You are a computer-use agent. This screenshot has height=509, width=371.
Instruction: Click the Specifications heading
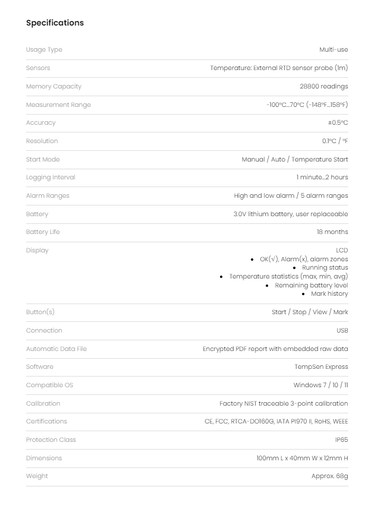point(55,23)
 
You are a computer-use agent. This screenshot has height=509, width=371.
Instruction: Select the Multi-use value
point(334,50)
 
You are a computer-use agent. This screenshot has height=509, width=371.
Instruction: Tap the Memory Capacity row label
point(54,87)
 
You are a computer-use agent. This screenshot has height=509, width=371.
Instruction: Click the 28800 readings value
point(324,87)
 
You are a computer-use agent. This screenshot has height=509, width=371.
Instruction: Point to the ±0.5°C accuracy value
point(338,123)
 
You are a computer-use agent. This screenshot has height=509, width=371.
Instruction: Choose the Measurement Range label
point(58,105)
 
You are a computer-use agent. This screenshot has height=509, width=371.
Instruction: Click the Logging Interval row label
point(51,178)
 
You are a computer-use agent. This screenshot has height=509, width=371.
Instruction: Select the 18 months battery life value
point(332,232)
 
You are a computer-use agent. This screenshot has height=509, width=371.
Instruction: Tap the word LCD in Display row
point(342,251)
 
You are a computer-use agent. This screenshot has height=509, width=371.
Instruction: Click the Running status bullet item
point(325,268)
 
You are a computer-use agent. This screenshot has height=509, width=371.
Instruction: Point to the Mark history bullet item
point(329,294)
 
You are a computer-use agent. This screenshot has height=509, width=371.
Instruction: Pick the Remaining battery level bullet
point(312,286)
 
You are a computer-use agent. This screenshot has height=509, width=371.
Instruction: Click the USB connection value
point(342,331)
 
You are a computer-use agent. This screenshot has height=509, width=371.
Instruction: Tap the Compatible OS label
point(49,385)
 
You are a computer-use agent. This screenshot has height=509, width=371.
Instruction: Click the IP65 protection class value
point(341,440)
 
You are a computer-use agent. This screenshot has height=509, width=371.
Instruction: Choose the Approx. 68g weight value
point(329,476)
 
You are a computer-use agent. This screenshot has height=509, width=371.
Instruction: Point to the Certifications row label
point(46,422)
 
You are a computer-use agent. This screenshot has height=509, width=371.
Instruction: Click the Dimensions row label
point(44,459)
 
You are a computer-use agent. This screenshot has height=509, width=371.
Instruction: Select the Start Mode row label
point(43,160)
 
